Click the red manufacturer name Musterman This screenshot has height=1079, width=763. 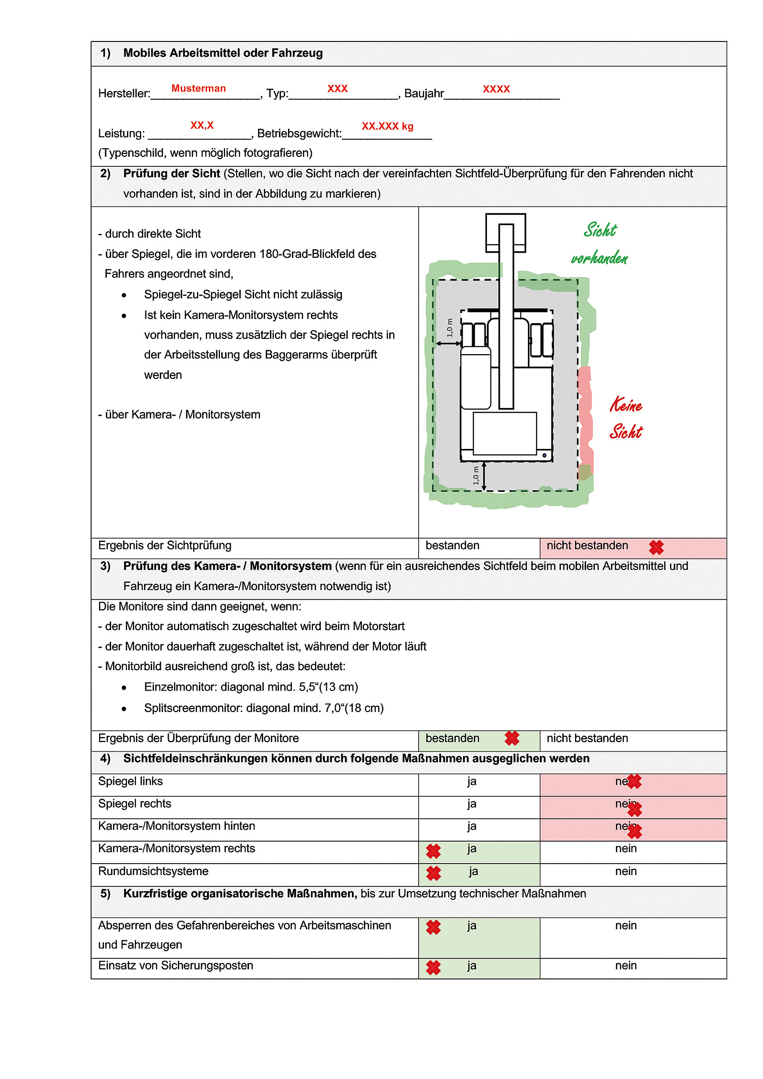pyautogui.click(x=198, y=88)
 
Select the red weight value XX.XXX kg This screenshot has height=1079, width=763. pyautogui.click(x=387, y=126)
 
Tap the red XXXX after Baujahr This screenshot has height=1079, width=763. pyautogui.click(x=496, y=89)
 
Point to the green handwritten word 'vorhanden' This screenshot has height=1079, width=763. pyautogui.click(x=599, y=258)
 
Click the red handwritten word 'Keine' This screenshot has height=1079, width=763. pyautogui.click(x=626, y=405)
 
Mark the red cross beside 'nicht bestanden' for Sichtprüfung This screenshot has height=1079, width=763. pyautogui.click(x=656, y=548)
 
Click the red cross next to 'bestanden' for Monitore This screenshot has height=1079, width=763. pyautogui.click(x=512, y=738)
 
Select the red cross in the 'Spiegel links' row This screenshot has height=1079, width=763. pyautogui.click(x=634, y=782)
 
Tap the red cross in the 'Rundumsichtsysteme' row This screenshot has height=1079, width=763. pyautogui.click(x=433, y=873)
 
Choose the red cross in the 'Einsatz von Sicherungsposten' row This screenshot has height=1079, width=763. pyautogui.click(x=433, y=967)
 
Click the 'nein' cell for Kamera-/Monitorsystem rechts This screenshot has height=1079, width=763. pyautogui.click(x=626, y=849)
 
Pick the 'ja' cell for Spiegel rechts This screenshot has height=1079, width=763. pyautogui.click(x=472, y=804)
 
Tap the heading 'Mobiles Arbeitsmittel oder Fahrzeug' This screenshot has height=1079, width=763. pyautogui.click(x=223, y=53)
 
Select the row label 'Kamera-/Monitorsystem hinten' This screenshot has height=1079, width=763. pyautogui.click(x=176, y=826)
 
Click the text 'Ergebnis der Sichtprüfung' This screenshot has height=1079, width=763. pyautogui.click(x=165, y=546)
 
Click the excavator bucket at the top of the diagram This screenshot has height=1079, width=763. pyautogui.click(x=505, y=232)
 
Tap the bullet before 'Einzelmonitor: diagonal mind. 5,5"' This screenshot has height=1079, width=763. pyautogui.click(x=124, y=688)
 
